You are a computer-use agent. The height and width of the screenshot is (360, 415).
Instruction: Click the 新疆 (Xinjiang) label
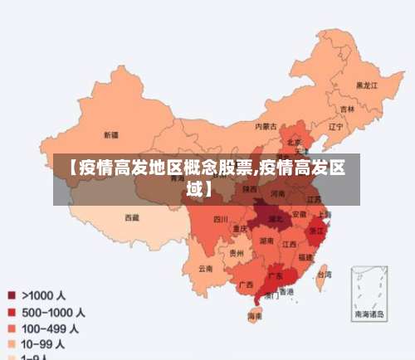click(110, 134)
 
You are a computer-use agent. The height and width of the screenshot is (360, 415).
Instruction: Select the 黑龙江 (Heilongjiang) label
click(366, 85)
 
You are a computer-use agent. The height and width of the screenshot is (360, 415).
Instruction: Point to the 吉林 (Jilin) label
click(347, 109)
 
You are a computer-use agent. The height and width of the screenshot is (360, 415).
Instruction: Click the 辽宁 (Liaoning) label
click(335, 127)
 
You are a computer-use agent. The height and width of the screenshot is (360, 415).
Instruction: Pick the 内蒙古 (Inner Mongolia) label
click(266, 126)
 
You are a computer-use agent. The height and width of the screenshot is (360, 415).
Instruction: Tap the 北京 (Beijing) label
click(294, 142)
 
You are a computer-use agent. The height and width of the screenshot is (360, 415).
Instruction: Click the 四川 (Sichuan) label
click(220, 220)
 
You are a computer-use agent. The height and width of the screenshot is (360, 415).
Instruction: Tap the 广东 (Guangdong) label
click(275, 275)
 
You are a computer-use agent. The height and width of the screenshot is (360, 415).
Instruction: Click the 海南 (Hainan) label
click(255, 316)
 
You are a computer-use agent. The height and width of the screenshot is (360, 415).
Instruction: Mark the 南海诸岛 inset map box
click(369, 292)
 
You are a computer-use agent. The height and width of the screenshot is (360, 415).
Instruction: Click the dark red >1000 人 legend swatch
click(12, 295)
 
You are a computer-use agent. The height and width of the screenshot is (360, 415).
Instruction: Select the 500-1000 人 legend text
click(54, 313)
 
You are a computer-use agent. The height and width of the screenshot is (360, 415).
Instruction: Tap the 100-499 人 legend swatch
click(12, 328)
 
